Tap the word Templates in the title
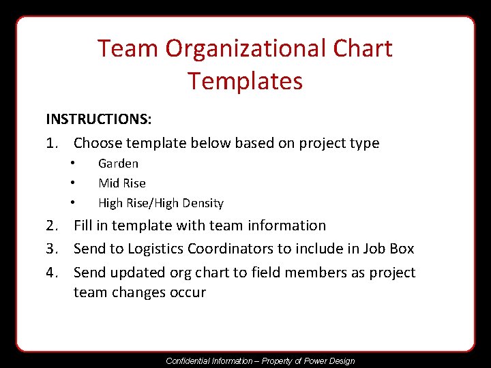coord(245,81)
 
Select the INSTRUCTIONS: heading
coord(99,119)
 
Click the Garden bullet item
coord(118,164)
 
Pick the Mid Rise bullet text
coord(122,183)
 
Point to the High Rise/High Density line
coord(161,203)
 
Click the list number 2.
coord(52,226)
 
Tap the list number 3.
coord(52,249)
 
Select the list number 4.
coord(52,273)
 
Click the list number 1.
coord(52,143)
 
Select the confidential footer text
coord(261,361)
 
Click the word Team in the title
coord(125,49)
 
